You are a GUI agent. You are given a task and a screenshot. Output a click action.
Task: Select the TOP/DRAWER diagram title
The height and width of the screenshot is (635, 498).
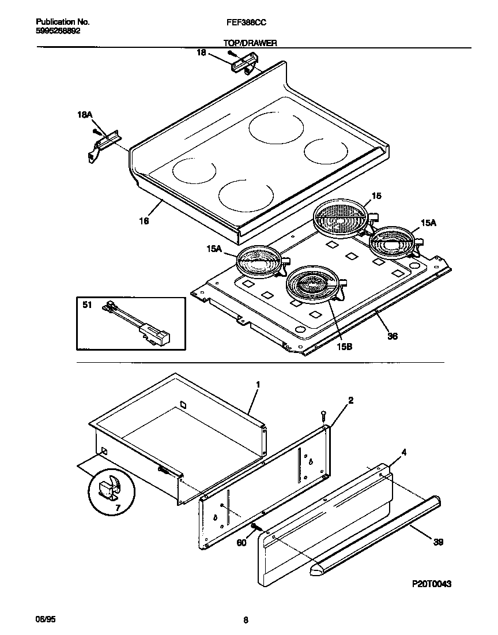pos(250,43)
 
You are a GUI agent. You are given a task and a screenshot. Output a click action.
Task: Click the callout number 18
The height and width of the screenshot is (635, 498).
pos(201,53)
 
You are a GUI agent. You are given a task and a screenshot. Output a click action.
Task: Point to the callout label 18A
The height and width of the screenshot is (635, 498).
pos(85,115)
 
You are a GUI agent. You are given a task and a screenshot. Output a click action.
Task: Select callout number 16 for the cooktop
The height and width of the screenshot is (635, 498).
pos(144,220)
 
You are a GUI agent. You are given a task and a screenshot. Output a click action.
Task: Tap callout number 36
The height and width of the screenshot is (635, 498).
pos(393,336)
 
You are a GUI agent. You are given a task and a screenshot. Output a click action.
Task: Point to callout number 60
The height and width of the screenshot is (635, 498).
pos(242,542)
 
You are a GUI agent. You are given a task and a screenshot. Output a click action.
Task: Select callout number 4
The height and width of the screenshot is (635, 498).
pos(404,453)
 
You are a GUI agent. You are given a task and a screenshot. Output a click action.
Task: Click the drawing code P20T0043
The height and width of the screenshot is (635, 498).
pos(431,584)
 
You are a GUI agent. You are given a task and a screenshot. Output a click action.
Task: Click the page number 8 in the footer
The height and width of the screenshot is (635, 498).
pos(246,621)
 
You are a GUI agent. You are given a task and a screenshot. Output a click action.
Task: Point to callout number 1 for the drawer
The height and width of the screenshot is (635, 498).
pos(258,384)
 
